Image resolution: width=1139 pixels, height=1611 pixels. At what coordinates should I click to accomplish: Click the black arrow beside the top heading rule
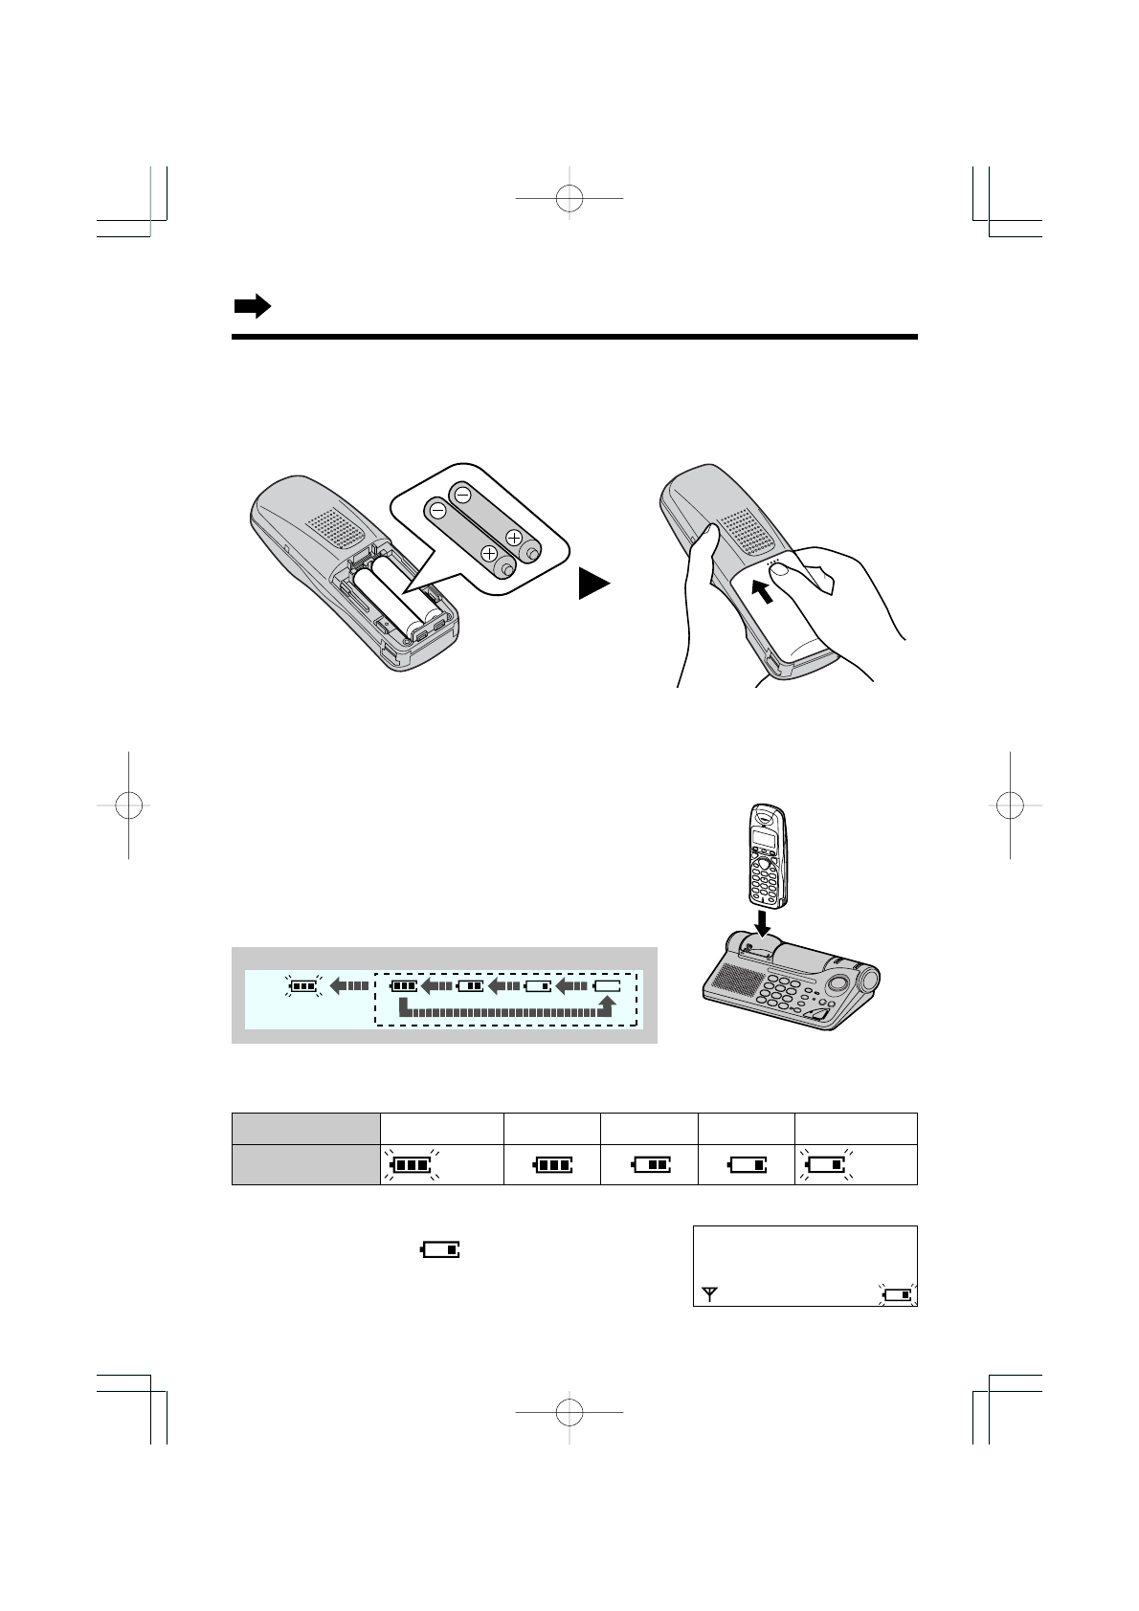tap(252, 307)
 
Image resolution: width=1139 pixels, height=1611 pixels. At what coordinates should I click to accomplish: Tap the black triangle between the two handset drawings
tap(593, 583)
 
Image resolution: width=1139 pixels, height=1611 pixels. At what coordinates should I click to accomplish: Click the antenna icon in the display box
tap(709, 1295)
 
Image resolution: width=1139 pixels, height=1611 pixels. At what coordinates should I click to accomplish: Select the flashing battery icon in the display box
tap(898, 1295)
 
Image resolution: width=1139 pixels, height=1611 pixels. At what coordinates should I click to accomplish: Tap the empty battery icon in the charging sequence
tap(607, 983)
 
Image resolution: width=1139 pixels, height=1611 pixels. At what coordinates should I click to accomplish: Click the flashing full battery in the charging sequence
tap(303, 983)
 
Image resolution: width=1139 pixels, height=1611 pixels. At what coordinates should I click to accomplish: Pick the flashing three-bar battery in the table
tap(411, 1165)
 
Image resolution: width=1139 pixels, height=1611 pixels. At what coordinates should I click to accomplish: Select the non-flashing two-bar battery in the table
tap(651, 1165)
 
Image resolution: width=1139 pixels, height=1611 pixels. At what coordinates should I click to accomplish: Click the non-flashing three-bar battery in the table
tap(553, 1165)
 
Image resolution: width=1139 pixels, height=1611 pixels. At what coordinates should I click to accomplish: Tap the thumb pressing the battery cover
tap(781, 572)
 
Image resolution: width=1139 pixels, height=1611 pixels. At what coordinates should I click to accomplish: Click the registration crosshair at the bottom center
tap(569, 1412)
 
